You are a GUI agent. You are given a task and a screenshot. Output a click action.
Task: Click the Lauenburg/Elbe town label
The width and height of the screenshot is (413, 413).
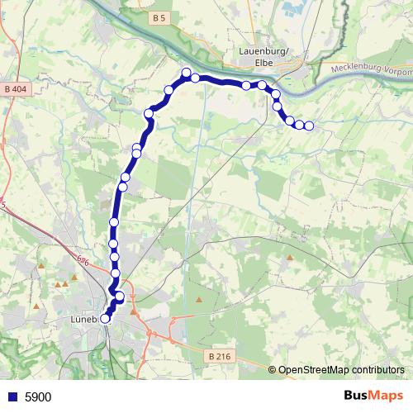(x=263, y=55)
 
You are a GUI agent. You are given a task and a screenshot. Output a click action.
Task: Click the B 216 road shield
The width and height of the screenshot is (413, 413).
(x=217, y=356)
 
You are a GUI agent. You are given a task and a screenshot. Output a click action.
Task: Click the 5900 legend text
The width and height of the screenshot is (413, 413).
(x=38, y=397)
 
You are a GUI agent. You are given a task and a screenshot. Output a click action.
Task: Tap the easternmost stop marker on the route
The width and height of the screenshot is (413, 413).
(x=309, y=126)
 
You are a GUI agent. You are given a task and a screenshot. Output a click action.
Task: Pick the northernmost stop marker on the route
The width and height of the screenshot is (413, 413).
(x=187, y=72)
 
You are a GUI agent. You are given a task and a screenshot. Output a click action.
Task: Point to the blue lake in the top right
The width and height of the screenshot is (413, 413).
(x=293, y=10)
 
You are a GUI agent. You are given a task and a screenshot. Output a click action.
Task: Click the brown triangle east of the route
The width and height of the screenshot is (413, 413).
(x=289, y=257)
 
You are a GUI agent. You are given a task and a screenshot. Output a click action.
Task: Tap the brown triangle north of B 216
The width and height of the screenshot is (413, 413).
(x=199, y=299)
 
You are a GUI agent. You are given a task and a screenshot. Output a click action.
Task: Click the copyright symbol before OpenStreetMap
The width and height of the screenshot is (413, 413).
(x=273, y=369)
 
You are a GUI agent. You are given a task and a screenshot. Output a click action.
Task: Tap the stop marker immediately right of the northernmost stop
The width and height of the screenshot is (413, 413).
(x=196, y=78)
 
